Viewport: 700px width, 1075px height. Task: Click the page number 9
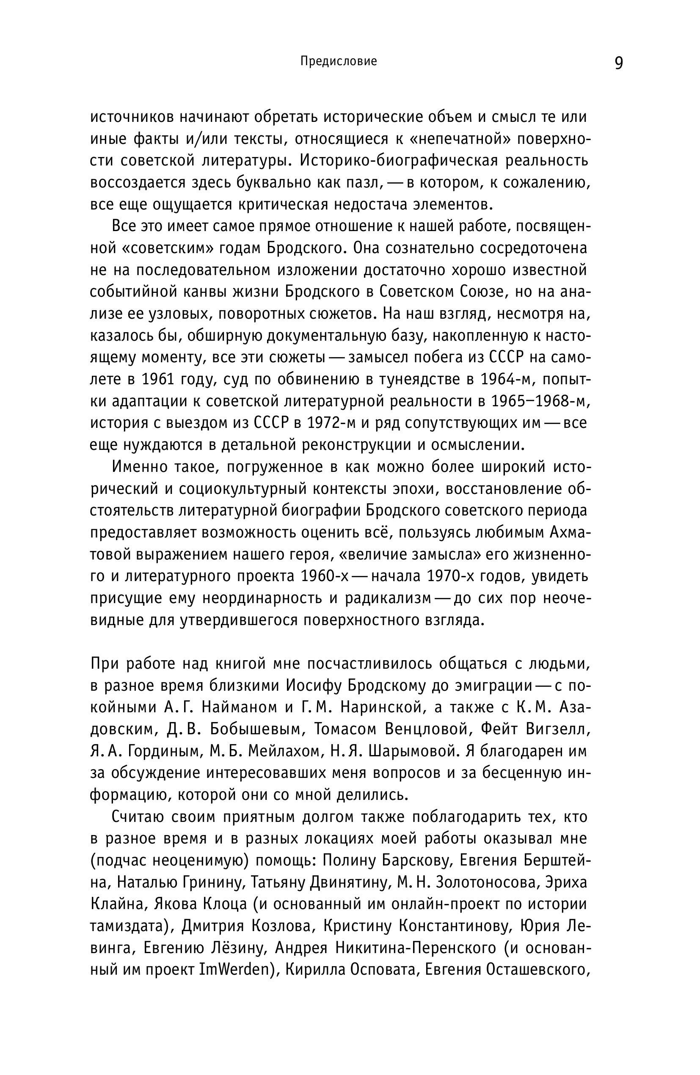618,63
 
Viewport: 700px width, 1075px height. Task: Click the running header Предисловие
338,61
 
